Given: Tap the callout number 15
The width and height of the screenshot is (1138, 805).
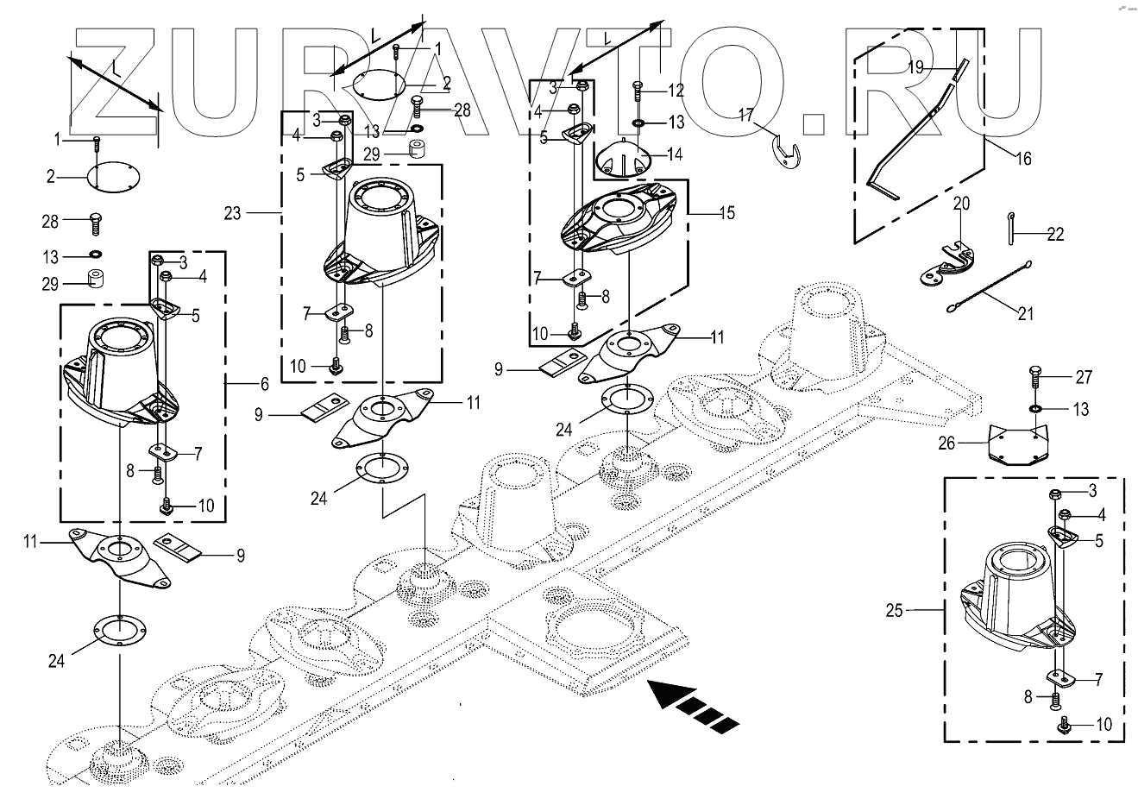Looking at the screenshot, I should pyautogui.click(x=726, y=212).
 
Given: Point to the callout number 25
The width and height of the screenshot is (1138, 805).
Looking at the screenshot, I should pyautogui.click(x=894, y=610).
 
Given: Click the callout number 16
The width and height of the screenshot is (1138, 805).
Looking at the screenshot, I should pyautogui.click(x=1022, y=159).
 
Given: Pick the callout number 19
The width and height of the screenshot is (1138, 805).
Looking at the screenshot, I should pyautogui.click(x=915, y=66).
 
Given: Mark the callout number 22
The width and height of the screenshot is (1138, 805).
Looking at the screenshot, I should pyautogui.click(x=1055, y=234).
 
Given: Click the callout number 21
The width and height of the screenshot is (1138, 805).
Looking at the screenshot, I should pyautogui.click(x=1025, y=313).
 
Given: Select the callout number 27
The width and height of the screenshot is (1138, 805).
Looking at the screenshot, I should pyautogui.click(x=1084, y=377).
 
